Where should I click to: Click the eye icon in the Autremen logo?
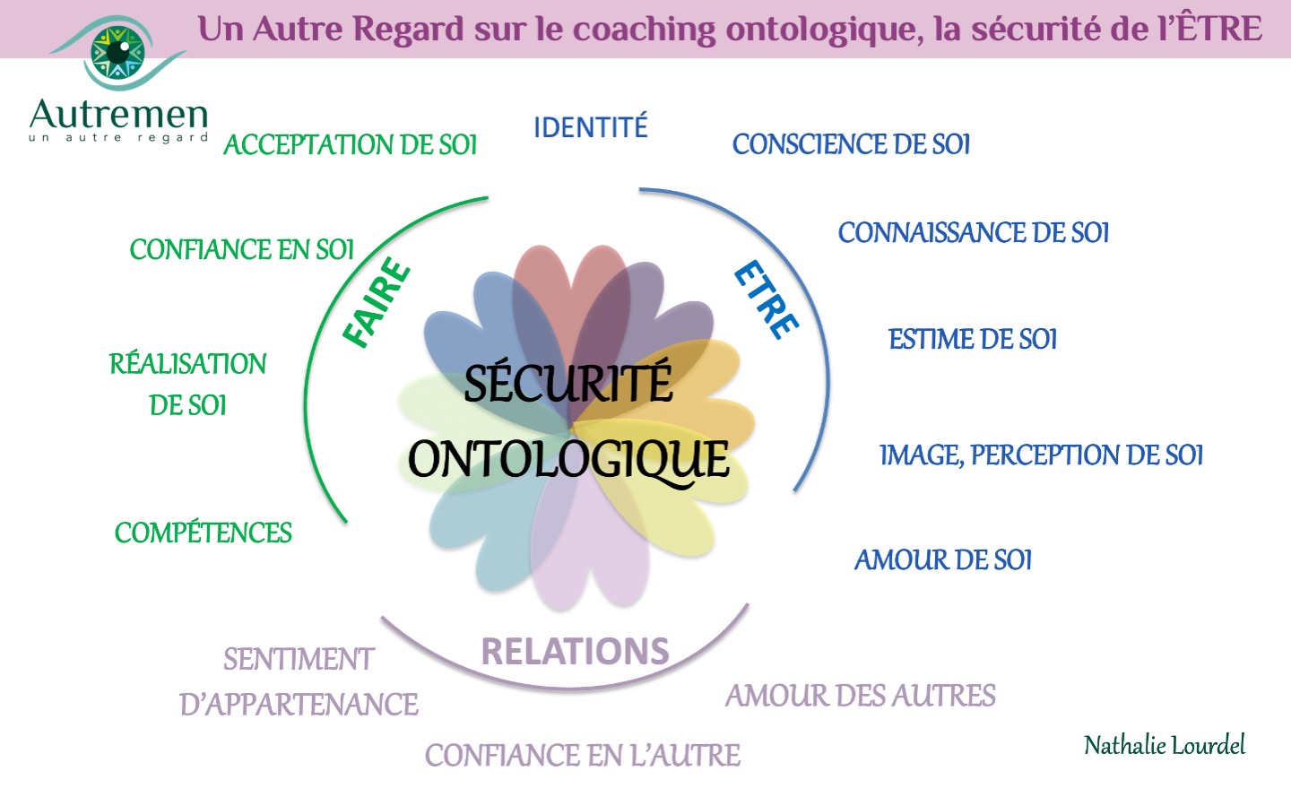(x=118, y=53)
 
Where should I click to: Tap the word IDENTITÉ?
(x=591, y=126)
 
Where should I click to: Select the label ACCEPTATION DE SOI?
(x=351, y=144)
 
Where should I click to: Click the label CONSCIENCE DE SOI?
(x=852, y=144)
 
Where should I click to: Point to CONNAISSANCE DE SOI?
(x=974, y=233)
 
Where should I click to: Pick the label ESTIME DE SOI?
(x=973, y=339)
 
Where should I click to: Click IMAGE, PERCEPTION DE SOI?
(x=1042, y=455)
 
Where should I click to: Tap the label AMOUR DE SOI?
(x=943, y=560)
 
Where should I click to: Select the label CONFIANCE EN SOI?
(x=241, y=250)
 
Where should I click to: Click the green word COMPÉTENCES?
(x=204, y=532)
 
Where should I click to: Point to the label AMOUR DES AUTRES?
(x=861, y=696)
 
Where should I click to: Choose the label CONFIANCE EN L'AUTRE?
(x=583, y=756)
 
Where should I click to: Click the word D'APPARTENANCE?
(x=299, y=705)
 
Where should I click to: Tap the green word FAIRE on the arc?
(x=377, y=302)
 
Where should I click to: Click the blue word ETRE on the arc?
(x=767, y=299)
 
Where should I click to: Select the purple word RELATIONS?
(x=576, y=651)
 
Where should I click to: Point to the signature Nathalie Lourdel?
(x=1165, y=746)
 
